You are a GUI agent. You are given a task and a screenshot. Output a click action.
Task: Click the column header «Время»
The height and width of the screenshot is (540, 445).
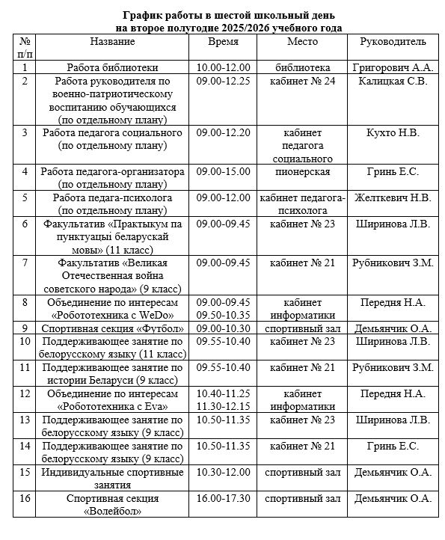click(224, 41)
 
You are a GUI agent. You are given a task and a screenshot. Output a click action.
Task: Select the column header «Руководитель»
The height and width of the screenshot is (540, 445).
click(393, 41)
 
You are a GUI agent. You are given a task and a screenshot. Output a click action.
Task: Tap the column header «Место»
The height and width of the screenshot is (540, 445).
click(302, 41)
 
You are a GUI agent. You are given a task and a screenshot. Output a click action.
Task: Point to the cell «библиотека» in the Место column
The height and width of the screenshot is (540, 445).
click(302, 67)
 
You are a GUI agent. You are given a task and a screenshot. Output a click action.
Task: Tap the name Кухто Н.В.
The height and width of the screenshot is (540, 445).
click(393, 133)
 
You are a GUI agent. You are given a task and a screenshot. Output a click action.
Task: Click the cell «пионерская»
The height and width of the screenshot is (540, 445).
click(302, 172)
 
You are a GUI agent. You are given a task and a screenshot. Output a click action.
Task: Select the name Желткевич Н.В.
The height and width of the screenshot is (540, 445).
click(393, 198)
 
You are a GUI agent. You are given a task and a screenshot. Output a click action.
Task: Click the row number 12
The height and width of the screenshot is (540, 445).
click(25, 393)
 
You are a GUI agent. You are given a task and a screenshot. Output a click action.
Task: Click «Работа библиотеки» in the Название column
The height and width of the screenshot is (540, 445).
click(114, 67)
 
